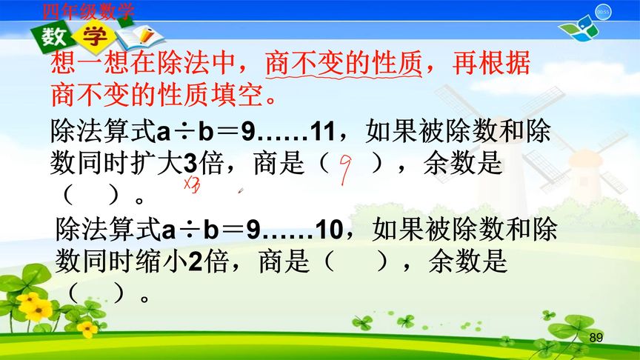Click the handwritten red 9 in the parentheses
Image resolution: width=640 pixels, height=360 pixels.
tap(344, 169)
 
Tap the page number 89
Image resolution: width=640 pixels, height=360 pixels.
tap(596, 338)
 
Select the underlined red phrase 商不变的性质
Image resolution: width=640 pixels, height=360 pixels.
tap(343, 65)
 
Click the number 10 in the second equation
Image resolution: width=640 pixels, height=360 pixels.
tap(327, 231)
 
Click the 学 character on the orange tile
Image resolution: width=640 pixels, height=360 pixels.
tap(94, 37)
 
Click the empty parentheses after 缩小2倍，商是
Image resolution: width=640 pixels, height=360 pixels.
tap(352, 263)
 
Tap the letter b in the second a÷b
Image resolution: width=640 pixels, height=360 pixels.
tap(211, 231)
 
